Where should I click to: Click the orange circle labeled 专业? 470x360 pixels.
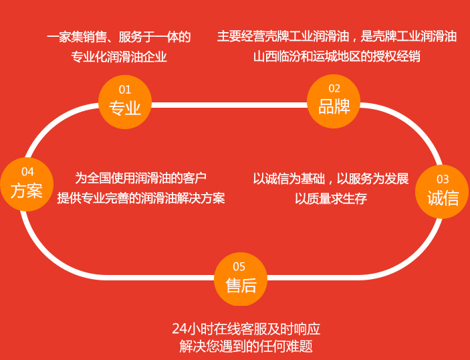[x=125, y=101]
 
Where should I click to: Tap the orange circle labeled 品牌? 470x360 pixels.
[x=334, y=100]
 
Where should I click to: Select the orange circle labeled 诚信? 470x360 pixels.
[x=443, y=191]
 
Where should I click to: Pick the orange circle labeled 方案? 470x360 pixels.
[x=27, y=184]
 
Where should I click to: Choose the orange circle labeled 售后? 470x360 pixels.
[x=241, y=278]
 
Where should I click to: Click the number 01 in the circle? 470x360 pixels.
[x=125, y=90]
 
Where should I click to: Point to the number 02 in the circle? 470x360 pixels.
[x=334, y=88]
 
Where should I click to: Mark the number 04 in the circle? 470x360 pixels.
[x=27, y=172]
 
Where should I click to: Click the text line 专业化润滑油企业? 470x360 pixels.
[x=119, y=57]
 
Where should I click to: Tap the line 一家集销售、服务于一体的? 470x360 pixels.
[x=119, y=37]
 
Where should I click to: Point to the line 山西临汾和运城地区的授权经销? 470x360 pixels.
[x=337, y=56]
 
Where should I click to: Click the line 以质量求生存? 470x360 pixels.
[x=331, y=199]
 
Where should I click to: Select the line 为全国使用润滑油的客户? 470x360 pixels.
[x=140, y=178]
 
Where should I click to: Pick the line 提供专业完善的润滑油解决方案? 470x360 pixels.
[x=140, y=199]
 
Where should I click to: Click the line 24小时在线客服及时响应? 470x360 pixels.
[x=246, y=329]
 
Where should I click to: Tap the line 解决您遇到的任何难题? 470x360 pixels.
[x=246, y=347]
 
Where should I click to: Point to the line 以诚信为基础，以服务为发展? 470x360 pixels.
[x=331, y=179]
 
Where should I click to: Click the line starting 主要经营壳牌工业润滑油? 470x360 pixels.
[x=337, y=37]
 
